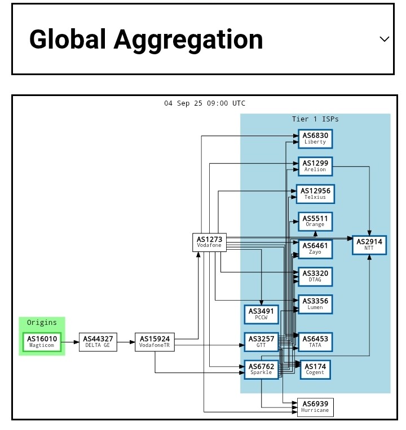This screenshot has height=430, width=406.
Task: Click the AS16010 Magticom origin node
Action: [x=42, y=342]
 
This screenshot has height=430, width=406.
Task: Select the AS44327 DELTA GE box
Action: [x=98, y=342]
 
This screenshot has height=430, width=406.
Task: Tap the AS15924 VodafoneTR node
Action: [x=155, y=342]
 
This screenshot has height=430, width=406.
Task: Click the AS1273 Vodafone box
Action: [x=209, y=242]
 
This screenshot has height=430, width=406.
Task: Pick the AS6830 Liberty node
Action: [x=315, y=138]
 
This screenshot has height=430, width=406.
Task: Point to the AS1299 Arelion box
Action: [x=315, y=166]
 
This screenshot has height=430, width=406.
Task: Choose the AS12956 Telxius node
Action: [x=315, y=194]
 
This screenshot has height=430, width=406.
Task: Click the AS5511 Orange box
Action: [x=315, y=221]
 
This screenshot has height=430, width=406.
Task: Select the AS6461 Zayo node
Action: [x=315, y=249]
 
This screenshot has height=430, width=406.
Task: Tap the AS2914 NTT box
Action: [x=369, y=245]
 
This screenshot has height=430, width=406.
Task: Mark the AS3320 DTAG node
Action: [x=315, y=277]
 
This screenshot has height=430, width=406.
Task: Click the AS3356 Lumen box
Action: [x=315, y=305]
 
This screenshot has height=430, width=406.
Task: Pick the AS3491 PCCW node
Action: [x=261, y=314]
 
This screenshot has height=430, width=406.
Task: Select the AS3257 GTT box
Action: [x=261, y=342]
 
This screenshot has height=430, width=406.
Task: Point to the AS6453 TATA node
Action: [x=315, y=342]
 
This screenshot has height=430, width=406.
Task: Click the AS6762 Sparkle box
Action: [x=261, y=370]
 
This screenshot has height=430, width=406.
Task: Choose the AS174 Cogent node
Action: [x=315, y=370]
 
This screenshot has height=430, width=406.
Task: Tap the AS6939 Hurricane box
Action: [x=315, y=407]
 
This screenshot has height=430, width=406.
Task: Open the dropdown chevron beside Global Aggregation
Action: [x=385, y=39]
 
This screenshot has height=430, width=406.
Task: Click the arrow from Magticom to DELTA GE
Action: [x=70, y=342]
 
